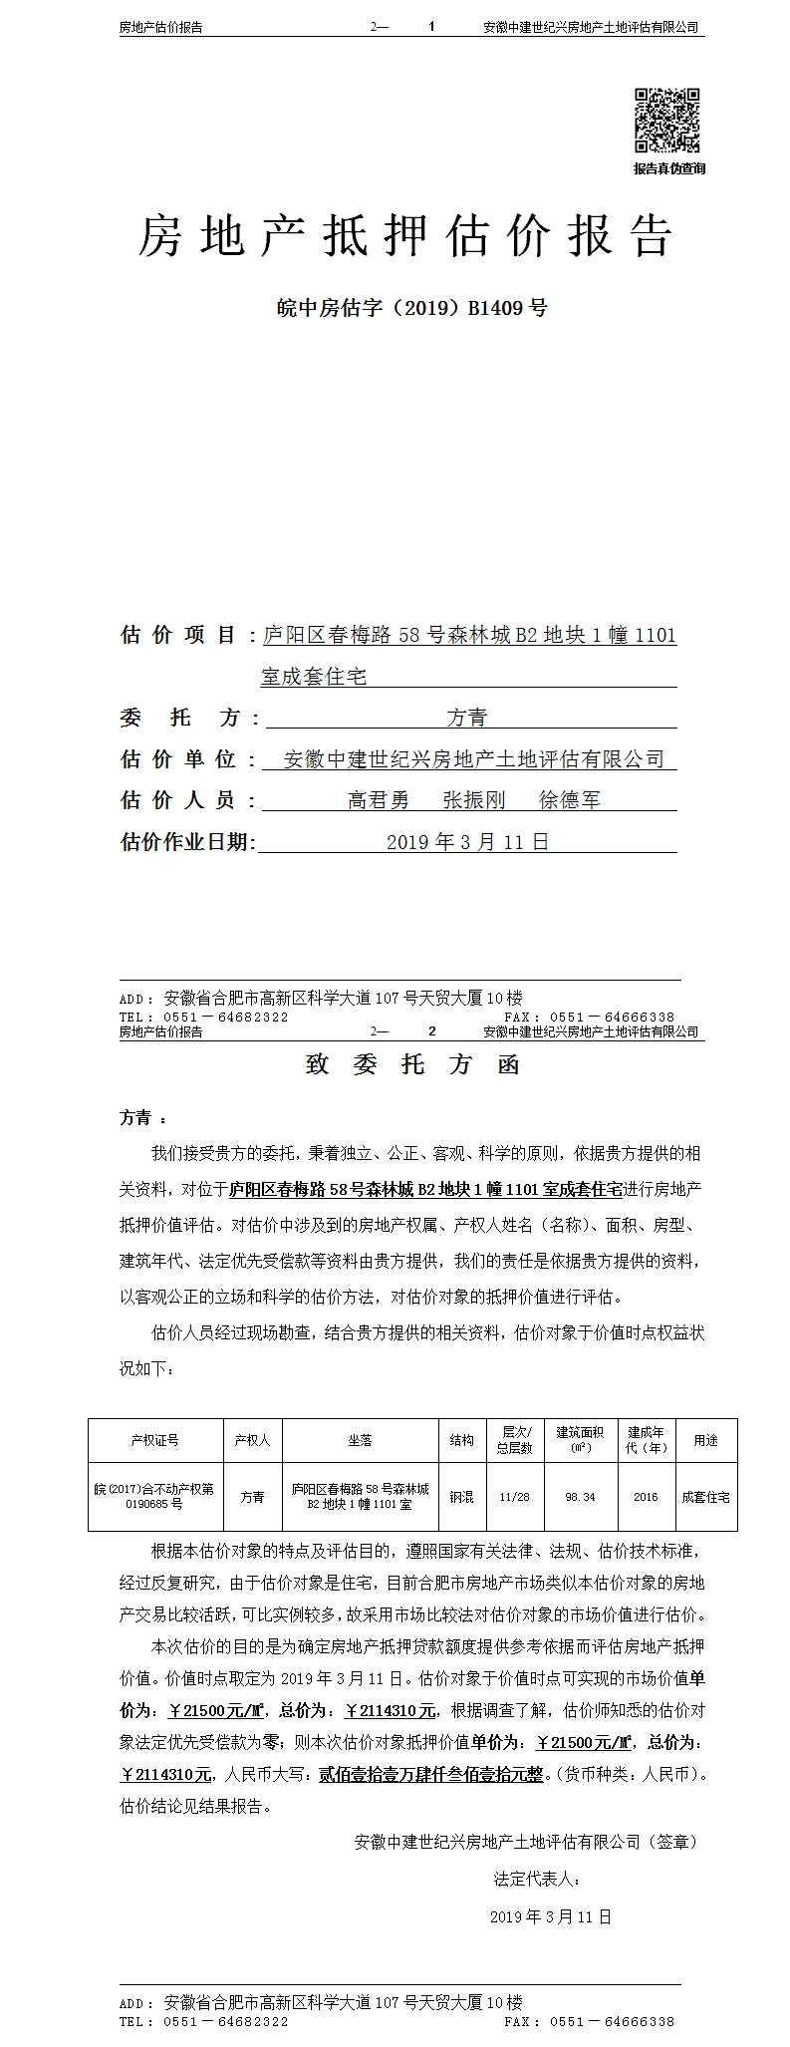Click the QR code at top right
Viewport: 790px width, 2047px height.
[x=667, y=121]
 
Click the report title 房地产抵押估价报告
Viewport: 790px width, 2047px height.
[x=404, y=237]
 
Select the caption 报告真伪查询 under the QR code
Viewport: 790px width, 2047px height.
[x=668, y=169]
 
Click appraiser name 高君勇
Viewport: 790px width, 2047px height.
[x=378, y=800]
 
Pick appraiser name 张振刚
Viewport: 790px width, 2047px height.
[x=473, y=800]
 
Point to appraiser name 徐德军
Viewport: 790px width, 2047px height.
[x=569, y=800]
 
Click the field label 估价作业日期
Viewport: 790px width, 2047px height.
[x=187, y=842]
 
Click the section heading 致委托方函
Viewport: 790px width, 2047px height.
[x=412, y=1065]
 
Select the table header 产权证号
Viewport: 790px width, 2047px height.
[x=154, y=1440]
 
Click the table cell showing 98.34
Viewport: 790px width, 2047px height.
[x=580, y=1497]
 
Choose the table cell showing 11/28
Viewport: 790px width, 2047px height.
[x=515, y=1497]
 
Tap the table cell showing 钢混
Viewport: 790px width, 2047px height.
[x=461, y=1497]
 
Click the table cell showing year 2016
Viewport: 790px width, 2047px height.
[x=646, y=1497]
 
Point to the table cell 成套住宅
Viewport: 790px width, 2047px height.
[x=705, y=1497]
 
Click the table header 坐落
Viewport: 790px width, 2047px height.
[x=360, y=1440]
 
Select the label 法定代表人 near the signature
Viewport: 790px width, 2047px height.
[x=536, y=1880]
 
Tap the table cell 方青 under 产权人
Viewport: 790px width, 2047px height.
[x=252, y=1497]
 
